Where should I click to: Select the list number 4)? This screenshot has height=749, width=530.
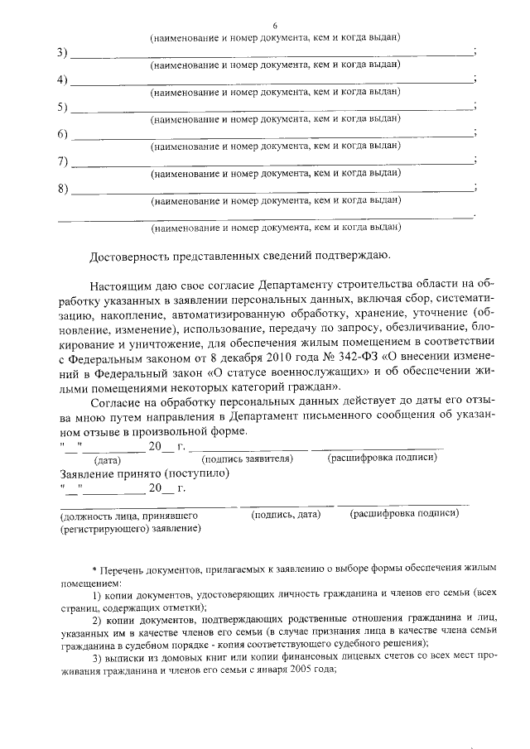click(x=63, y=80)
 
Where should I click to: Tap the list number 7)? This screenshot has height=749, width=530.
click(x=63, y=161)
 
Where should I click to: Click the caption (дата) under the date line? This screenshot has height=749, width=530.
click(x=108, y=458)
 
